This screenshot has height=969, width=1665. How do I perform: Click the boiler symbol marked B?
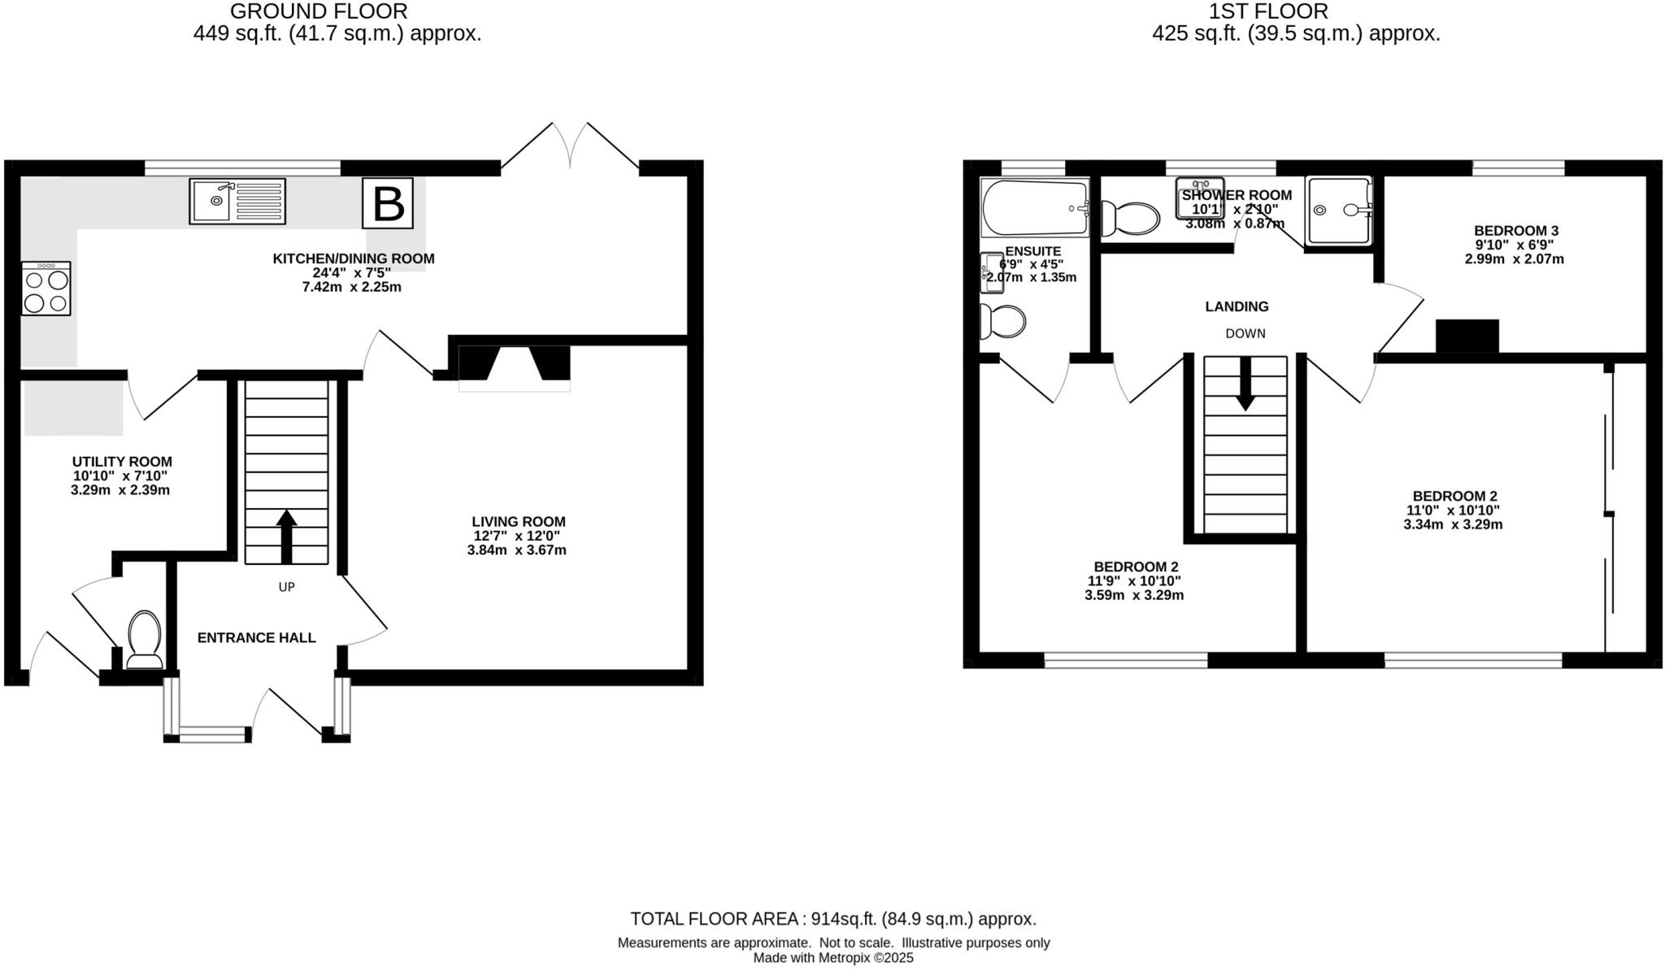click(388, 203)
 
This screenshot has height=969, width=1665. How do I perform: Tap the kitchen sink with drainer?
click(237, 201)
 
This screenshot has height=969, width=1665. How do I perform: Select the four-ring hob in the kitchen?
click(46, 289)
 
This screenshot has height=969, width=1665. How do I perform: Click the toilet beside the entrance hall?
click(145, 639)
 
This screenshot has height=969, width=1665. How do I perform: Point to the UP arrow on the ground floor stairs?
click(286, 536)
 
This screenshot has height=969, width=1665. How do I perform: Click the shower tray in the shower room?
click(1338, 211)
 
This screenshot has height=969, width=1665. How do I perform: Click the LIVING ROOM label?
click(518, 522)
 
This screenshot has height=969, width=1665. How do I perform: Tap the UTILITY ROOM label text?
click(122, 462)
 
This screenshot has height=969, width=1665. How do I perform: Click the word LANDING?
click(1237, 306)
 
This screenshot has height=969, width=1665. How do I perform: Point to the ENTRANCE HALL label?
click(256, 638)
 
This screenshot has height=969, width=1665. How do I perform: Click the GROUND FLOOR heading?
click(319, 11)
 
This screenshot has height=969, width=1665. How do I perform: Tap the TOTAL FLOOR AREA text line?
click(833, 919)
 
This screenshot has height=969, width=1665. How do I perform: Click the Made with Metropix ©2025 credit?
click(833, 958)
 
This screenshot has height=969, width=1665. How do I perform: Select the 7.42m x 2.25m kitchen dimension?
click(351, 287)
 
